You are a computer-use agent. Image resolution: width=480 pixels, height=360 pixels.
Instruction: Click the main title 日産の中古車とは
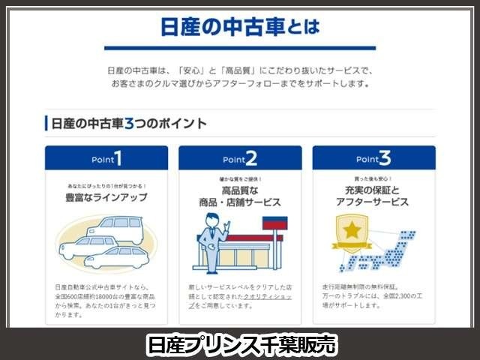(x=240, y=28)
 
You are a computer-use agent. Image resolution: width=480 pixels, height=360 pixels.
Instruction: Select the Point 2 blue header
(x=240, y=158)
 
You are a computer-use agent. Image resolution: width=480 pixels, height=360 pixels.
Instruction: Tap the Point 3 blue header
(x=373, y=158)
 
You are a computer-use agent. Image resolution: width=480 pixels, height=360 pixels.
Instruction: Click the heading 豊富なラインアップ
(x=106, y=197)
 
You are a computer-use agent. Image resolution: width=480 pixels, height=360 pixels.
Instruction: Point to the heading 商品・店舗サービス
(x=240, y=202)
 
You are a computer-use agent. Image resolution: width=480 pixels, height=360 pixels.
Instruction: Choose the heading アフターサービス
(x=373, y=202)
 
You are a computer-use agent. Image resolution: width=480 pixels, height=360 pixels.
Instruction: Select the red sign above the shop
(x=273, y=223)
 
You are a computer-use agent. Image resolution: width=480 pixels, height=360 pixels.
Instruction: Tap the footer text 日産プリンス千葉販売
(x=240, y=344)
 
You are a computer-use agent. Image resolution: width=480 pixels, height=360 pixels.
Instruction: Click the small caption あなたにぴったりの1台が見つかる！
(x=106, y=184)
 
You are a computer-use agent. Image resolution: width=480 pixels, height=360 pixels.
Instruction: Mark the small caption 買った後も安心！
(x=373, y=180)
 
